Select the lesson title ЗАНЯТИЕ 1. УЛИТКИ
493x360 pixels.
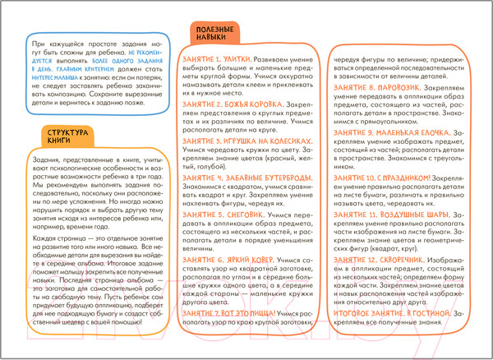coord(213,61)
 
